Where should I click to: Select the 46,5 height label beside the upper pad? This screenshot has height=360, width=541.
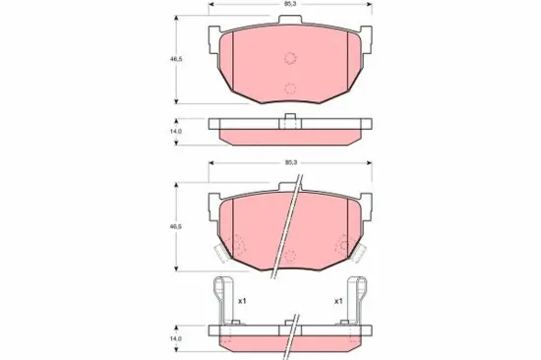pyautogui.click(x=175, y=60)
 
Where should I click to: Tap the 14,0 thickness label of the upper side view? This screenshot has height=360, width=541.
pyautogui.click(x=175, y=130)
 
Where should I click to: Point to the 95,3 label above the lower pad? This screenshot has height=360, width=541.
pyautogui.click(x=289, y=162)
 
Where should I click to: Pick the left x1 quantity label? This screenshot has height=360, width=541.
pyautogui.click(x=241, y=301)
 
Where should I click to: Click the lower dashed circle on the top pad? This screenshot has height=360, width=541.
pyautogui.click(x=289, y=90)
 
